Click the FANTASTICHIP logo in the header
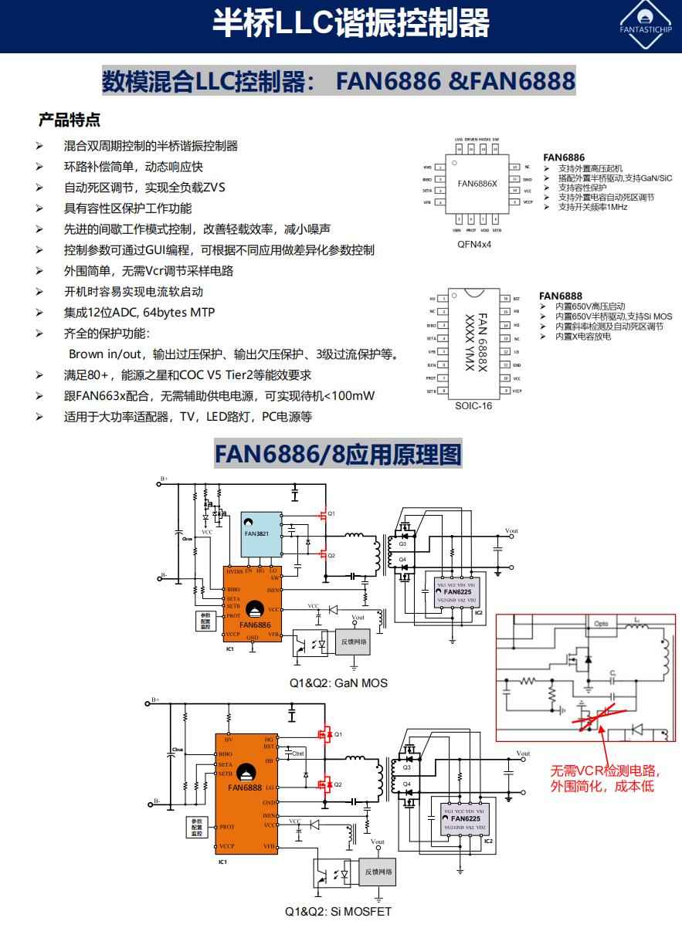click(646, 25)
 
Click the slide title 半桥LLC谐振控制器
click(351, 24)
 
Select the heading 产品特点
click(70, 120)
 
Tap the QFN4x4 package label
click(474, 244)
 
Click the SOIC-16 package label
click(473, 406)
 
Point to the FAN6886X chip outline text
click(477, 184)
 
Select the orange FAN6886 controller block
click(253, 602)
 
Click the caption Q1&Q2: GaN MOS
click(338, 682)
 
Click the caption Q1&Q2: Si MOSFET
click(338, 911)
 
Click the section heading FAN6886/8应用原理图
click(338, 454)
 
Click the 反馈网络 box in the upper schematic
click(355, 642)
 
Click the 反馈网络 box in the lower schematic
click(378, 872)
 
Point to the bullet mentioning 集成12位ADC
click(139, 313)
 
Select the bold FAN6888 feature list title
click(561, 296)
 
